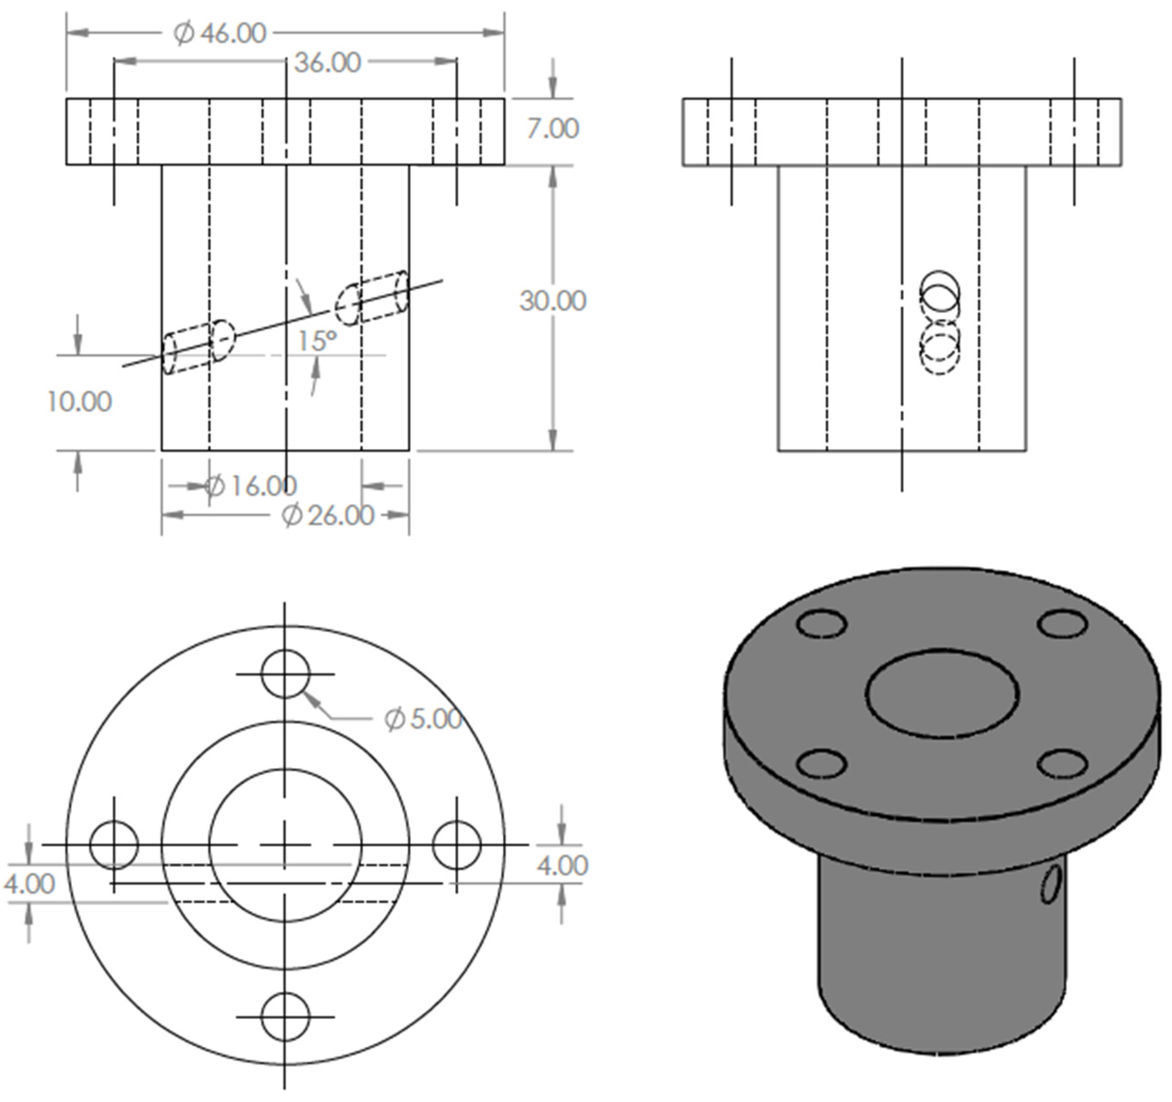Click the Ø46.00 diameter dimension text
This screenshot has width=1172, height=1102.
220,33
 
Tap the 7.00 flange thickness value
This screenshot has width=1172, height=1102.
552,128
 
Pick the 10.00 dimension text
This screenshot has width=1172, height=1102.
79,402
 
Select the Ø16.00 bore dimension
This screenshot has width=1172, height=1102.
250,485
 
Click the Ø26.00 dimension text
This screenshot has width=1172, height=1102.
328,516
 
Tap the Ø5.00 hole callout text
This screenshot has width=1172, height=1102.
423,718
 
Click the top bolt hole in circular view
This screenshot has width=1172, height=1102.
285,674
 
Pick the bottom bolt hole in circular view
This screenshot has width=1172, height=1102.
285,1017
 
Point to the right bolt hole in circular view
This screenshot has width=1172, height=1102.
456,845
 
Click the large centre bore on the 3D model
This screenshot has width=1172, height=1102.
942,693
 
